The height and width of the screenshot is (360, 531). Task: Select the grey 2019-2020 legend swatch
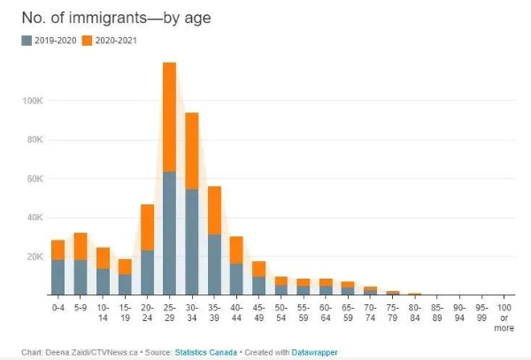(x=27, y=40)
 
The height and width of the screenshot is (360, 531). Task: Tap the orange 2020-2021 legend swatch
(x=87, y=40)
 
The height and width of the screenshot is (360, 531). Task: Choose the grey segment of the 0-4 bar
(x=58, y=277)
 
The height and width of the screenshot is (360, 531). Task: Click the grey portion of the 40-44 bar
(x=236, y=279)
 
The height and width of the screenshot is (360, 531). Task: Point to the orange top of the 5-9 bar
(x=81, y=246)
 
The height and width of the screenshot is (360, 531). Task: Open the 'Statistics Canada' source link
(x=207, y=352)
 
